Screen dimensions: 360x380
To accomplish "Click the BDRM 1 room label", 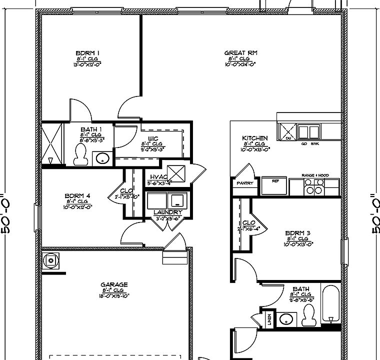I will coord(87,53).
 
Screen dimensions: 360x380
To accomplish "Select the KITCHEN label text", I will coord(254,138).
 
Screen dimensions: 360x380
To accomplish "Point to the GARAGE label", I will coord(114,284).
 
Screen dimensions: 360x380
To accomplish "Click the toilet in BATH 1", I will coord(80,155).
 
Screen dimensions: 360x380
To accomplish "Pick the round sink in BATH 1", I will coord(102,159).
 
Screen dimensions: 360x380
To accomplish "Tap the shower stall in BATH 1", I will coord(51,143).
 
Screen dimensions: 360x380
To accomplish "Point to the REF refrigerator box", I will coord(275,185).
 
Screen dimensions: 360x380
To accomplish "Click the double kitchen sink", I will coord(308,132).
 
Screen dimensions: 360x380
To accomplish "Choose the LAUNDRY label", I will coord(167,212).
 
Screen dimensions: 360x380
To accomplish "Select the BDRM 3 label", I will coord(298,233).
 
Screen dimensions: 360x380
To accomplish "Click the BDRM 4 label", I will coord(77,195).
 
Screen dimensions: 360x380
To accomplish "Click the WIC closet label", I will coord(153,138).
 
